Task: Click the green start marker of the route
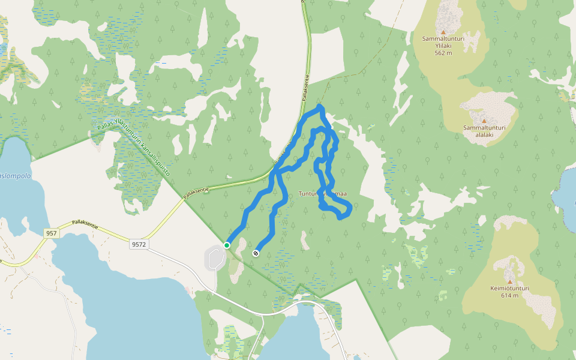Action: pos(227,245)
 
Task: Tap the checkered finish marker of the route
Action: pos(256,253)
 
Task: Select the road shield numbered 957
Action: pos(52,233)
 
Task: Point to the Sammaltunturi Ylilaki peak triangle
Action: pos(443,32)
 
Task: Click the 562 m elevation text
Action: pos(443,53)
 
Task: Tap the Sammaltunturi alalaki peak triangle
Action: pos(484,121)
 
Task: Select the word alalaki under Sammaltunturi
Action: pos(484,135)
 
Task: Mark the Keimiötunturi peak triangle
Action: pos(510,281)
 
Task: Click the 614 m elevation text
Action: pos(510,295)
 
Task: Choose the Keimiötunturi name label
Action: pos(510,289)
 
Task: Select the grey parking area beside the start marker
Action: pos(214,258)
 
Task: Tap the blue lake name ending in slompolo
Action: pos(15,176)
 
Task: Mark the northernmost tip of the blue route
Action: pos(320,106)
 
